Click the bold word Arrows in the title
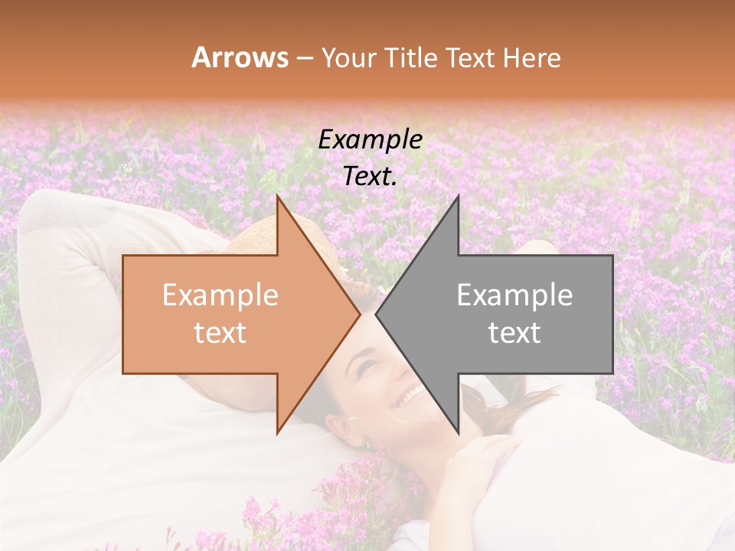240,57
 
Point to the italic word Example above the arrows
370,139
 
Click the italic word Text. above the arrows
370,176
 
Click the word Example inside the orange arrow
220,295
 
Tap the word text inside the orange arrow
220,333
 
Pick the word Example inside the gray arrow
514,295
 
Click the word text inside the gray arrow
514,333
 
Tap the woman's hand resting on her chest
475,459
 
